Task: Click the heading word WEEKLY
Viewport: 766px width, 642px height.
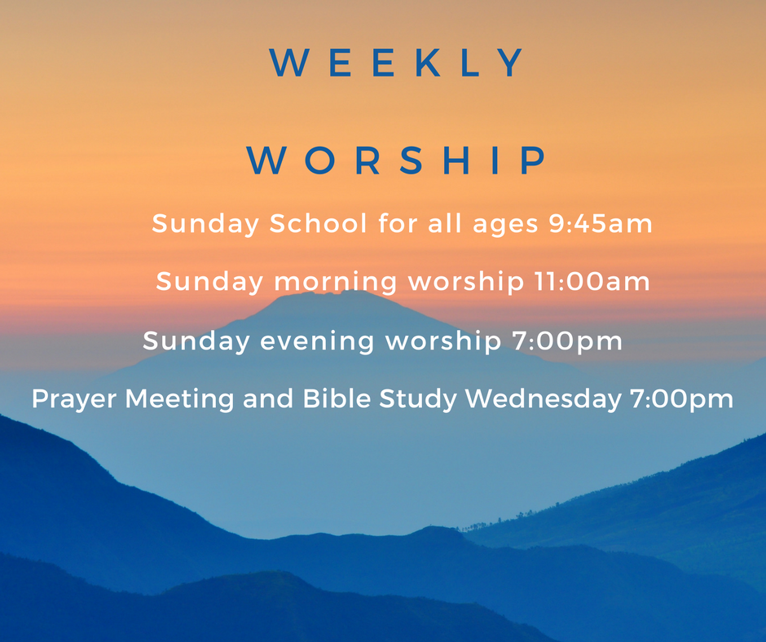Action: tap(396, 63)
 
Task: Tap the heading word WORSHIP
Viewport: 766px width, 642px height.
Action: tap(396, 160)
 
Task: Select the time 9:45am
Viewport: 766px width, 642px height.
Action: tap(601, 223)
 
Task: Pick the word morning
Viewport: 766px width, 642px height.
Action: tap(335, 283)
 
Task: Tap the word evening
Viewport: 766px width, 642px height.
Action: tap(317, 341)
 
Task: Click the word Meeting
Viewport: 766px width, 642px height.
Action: tap(180, 399)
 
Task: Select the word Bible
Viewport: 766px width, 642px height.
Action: tap(337, 398)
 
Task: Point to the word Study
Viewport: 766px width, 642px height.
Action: tap(418, 399)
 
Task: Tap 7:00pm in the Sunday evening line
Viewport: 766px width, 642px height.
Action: tap(567, 341)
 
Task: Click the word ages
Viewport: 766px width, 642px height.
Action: tap(505, 225)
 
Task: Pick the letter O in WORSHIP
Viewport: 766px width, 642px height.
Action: tap(319, 160)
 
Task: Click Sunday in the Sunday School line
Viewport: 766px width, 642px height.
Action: tap(205, 224)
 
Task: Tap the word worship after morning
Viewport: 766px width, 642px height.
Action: tap(465, 283)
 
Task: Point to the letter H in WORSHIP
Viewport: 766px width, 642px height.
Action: tap(456, 160)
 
